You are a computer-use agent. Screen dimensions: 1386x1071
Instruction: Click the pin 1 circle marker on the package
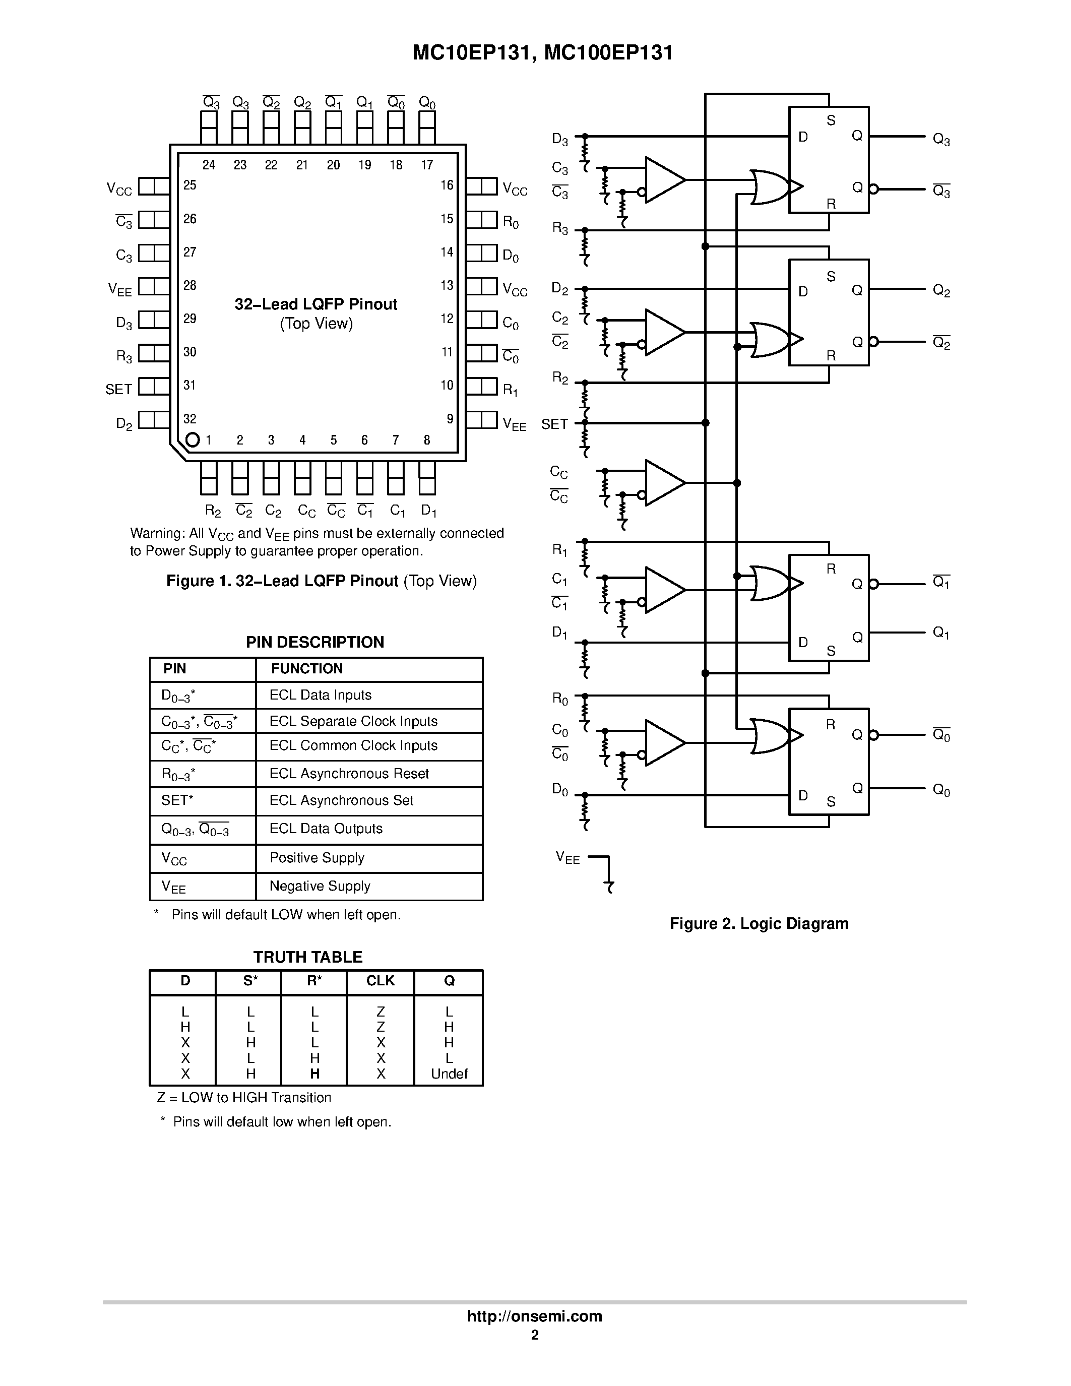(x=192, y=440)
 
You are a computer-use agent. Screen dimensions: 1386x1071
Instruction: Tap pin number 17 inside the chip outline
(x=427, y=165)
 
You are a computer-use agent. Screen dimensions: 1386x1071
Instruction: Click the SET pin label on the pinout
(x=118, y=389)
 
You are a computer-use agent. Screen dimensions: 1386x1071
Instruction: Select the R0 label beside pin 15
(x=511, y=222)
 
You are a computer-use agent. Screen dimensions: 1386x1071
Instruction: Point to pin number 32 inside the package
(x=190, y=419)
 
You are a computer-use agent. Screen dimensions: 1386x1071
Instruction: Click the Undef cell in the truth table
(x=449, y=1074)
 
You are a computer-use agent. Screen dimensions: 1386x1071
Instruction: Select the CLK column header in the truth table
(x=380, y=981)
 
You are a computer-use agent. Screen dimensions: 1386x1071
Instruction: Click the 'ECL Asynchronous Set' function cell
(x=341, y=800)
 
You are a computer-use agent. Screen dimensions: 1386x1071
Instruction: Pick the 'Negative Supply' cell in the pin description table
(x=320, y=886)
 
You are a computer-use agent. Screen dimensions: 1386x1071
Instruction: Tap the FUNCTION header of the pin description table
(x=306, y=668)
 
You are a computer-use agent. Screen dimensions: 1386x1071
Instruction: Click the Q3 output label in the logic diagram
(x=941, y=139)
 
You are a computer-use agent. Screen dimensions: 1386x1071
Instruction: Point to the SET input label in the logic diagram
(x=554, y=424)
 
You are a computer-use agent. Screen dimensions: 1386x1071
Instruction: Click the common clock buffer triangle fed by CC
(x=662, y=483)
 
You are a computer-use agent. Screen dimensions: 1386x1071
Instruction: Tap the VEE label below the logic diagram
(x=567, y=857)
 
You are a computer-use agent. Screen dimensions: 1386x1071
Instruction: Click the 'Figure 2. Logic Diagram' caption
(x=759, y=923)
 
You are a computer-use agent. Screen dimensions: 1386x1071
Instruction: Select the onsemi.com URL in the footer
(x=534, y=1316)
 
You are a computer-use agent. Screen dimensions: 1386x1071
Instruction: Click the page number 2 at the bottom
(x=535, y=1335)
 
